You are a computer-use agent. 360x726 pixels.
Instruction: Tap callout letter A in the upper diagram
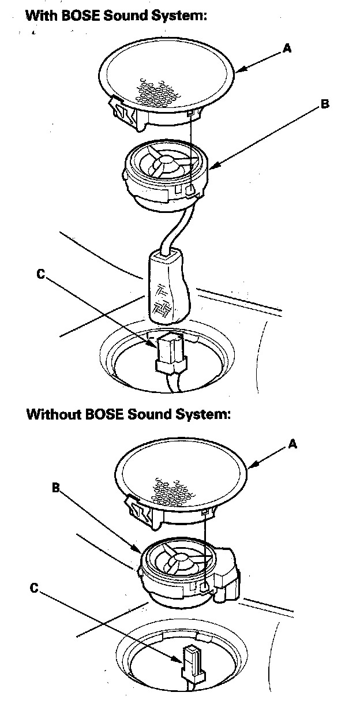287,48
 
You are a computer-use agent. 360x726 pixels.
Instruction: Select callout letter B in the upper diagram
325,104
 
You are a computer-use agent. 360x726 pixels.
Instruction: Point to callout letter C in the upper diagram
40,275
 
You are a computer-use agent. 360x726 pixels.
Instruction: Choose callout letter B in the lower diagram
56,488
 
